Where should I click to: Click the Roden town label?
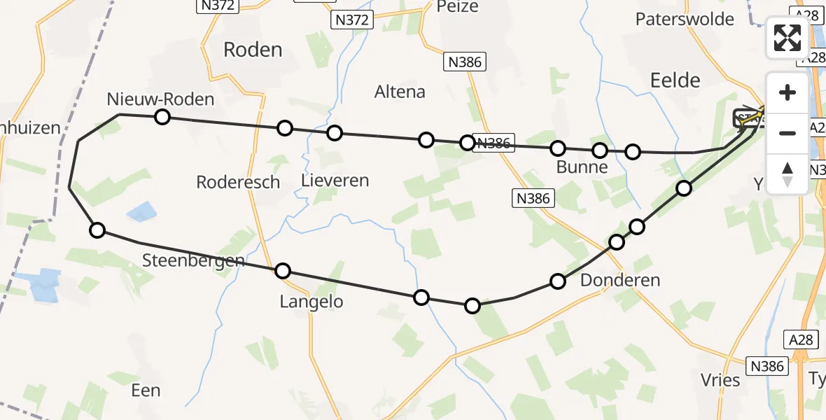pos(253,50)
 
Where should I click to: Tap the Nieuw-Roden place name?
pos(160,99)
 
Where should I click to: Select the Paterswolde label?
pos(685,19)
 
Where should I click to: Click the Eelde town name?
pos(675,80)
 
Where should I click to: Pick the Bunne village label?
pos(581,168)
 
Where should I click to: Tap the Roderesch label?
pos(238,182)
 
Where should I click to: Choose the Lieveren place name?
pos(335,180)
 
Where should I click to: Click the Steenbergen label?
pos(193,261)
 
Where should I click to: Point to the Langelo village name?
pos(311,302)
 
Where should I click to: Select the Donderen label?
pos(620,281)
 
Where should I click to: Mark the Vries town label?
pos(720,380)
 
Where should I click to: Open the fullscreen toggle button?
pos(787,38)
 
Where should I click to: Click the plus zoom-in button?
pos(787,93)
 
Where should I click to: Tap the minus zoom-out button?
pos(787,133)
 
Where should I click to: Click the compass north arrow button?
pos(787,174)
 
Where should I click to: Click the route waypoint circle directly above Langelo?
pos(283,271)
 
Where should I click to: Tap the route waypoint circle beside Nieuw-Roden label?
pos(162,117)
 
